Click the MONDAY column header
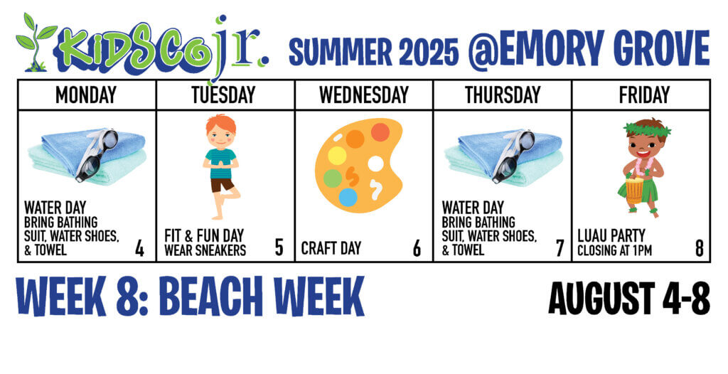[86, 95]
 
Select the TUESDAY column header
[225, 95]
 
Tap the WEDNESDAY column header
[363, 95]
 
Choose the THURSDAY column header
[502, 95]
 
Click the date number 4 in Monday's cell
[139, 249]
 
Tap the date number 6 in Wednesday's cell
[417, 249]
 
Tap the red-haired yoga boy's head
[220, 129]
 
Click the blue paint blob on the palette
[348, 197]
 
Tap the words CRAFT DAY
[331, 249]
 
